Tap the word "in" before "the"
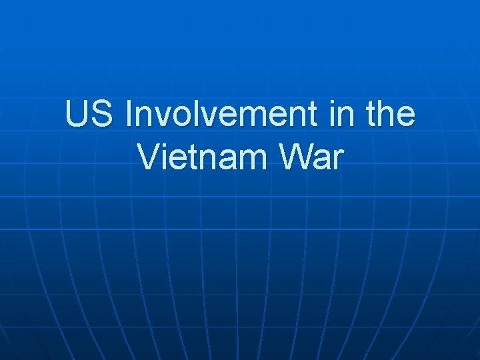[x=339, y=115]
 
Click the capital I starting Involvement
[x=128, y=115]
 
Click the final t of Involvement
[x=316, y=116]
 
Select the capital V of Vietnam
[x=148, y=157]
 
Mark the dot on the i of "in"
[x=331, y=103]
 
